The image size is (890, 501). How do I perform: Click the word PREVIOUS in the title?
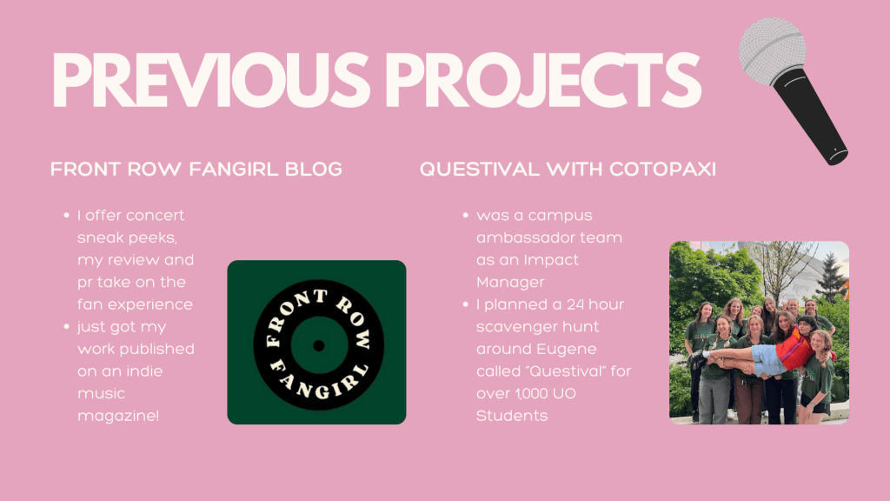[x=210, y=80]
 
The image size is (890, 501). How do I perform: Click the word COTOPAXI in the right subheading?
[x=662, y=170]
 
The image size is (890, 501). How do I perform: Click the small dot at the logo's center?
[x=318, y=344]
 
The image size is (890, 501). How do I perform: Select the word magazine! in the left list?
[x=118, y=416]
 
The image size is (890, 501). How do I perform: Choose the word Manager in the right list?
[x=510, y=283]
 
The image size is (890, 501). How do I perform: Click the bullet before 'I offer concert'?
[x=66, y=216]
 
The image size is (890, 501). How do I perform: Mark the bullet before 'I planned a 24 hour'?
[x=466, y=304]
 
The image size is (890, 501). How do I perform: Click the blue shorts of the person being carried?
[x=769, y=359]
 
